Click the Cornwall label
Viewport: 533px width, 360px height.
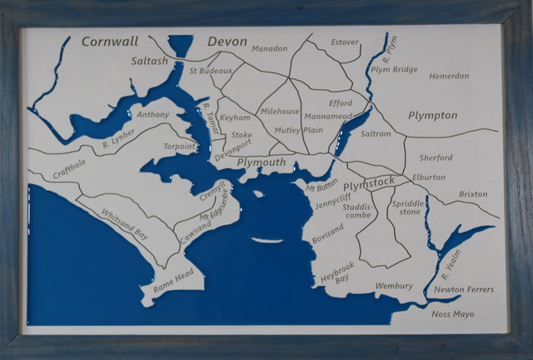tap(110, 42)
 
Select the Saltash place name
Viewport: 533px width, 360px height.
tap(150, 61)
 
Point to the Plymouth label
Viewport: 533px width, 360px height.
tap(262, 162)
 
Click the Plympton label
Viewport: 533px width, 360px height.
tap(432, 115)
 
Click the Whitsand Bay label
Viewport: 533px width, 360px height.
tap(125, 226)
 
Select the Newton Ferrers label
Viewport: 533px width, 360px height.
tap(464, 290)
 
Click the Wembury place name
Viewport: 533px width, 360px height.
tap(394, 286)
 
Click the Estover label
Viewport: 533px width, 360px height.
tap(345, 42)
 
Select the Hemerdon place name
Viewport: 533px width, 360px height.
tap(449, 76)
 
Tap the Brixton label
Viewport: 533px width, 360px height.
tap(473, 194)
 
